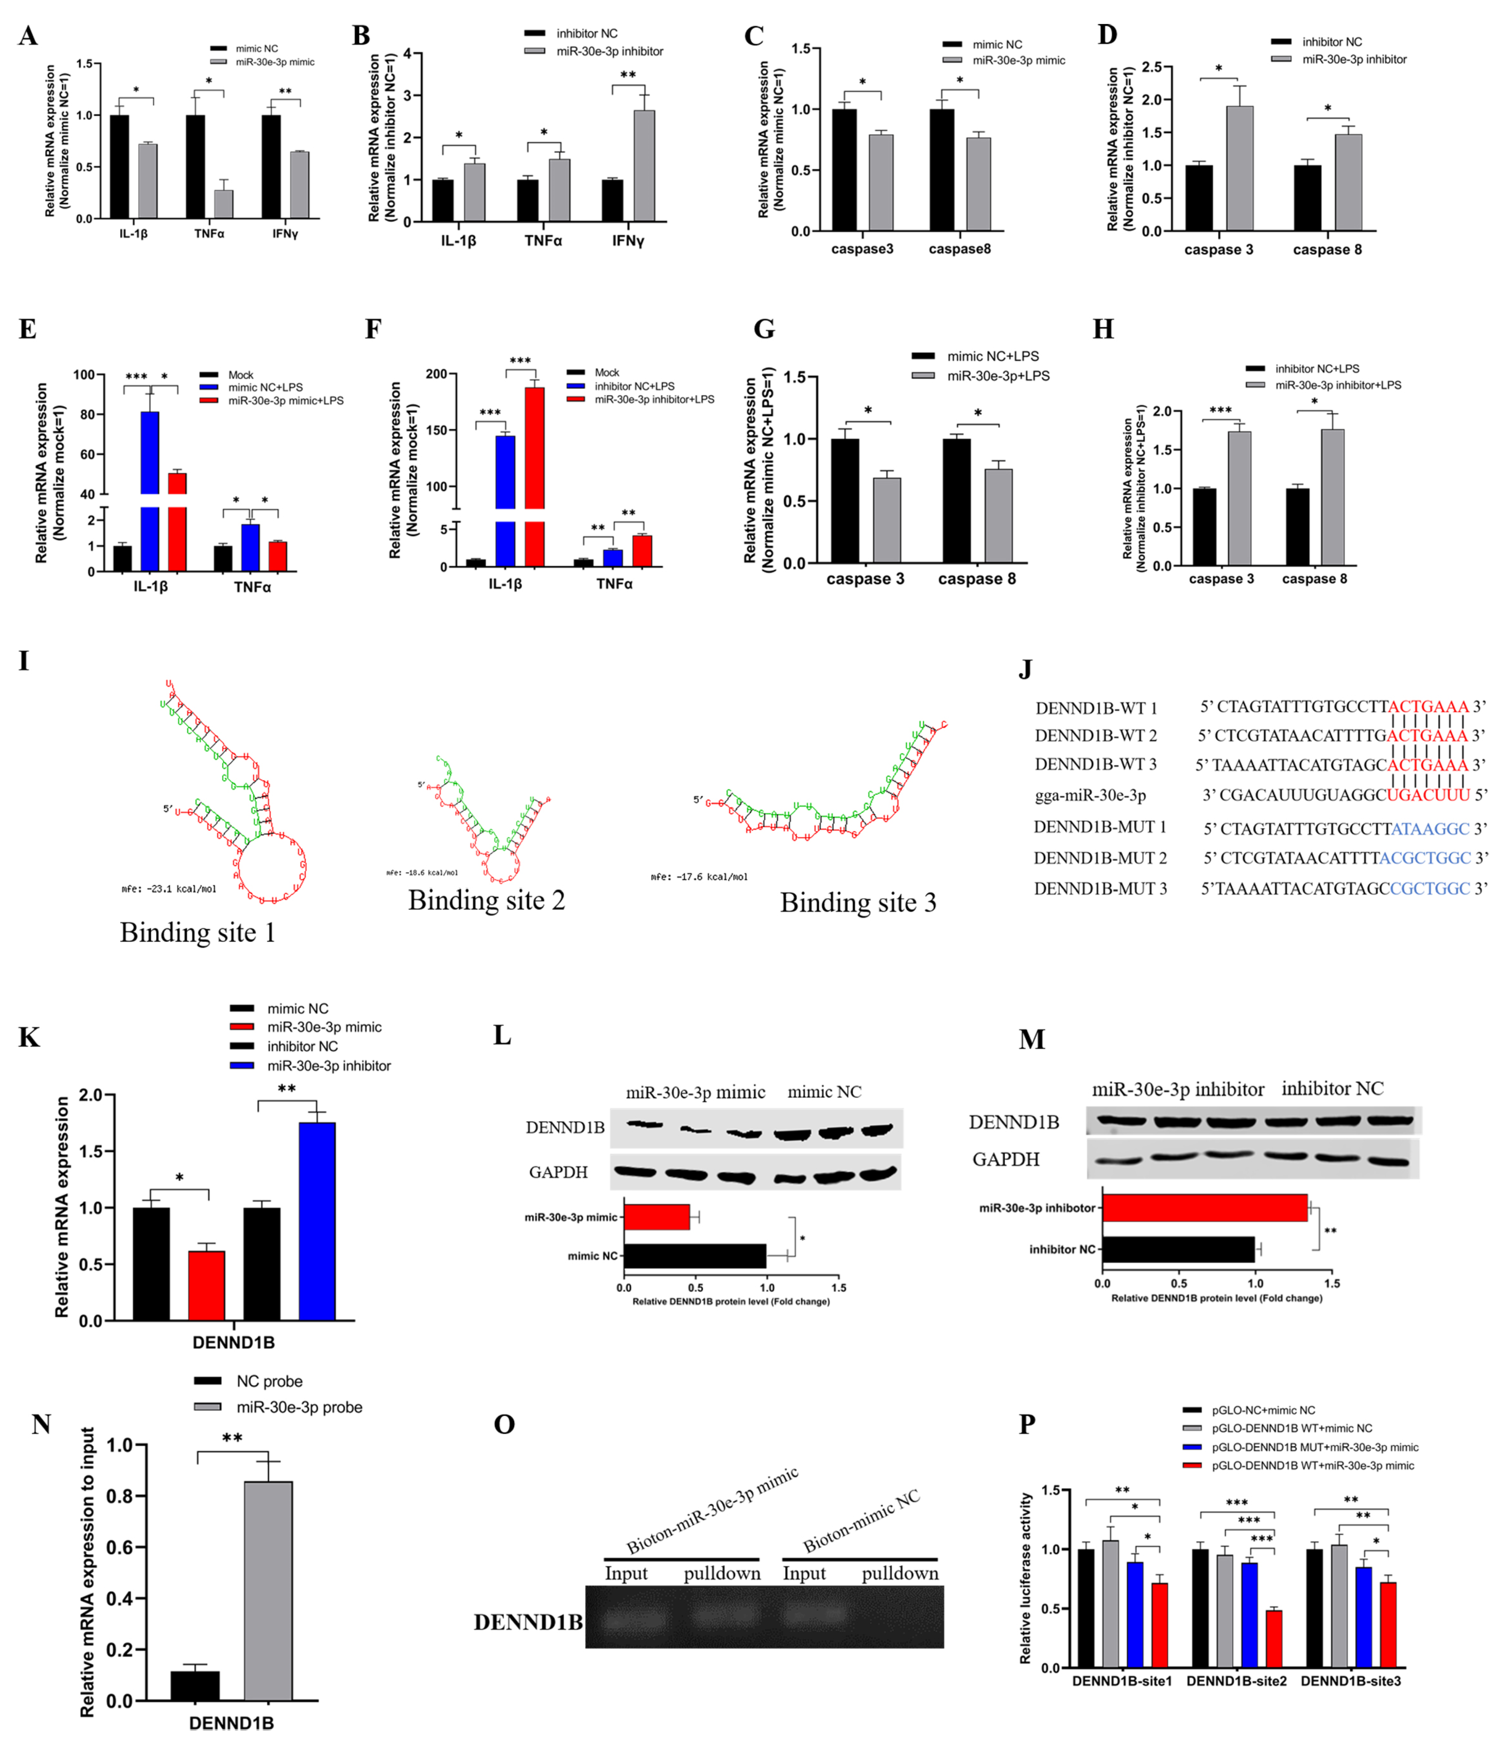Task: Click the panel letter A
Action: pos(28,36)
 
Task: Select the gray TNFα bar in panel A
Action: pos(223,204)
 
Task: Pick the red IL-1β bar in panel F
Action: pos(534,475)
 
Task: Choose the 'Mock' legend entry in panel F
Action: pos(606,372)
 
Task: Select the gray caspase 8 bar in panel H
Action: pos(1332,496)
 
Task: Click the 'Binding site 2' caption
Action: pos(487,900)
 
